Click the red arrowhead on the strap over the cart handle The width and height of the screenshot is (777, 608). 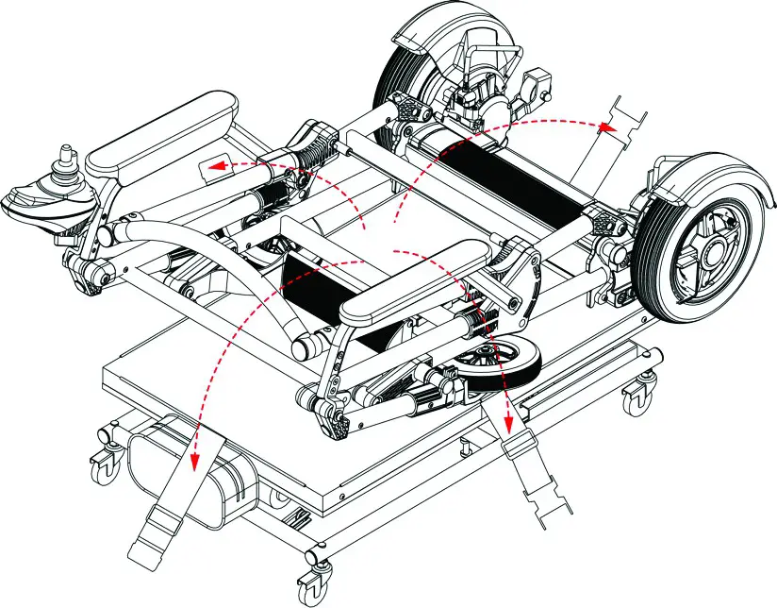(194, 460)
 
